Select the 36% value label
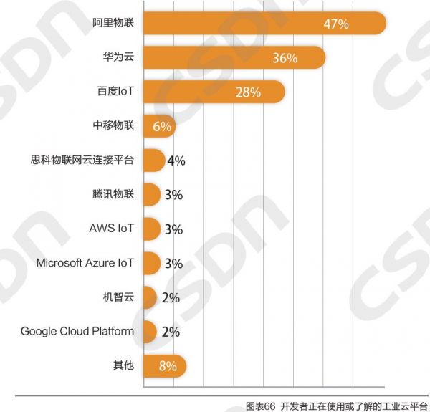pyautogui.click(x=285, y=58)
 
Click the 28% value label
pyautogui.click(x=248, y=92)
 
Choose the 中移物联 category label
pyautogui.click(x=113, y=126)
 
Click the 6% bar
pyautogui.click(x=159, y=127)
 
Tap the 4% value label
pyautogui.click(x=176, y=161)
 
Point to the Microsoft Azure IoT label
pyautogui.click(x=85, y=263)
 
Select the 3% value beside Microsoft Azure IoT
pyautogui.click(x=173, y=264)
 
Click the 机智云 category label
pyautogui.click(x=119, y=297)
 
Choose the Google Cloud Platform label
pyautogui.click(x=77, y=331)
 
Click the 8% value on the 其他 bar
pyautogui.click(x=168, y=366)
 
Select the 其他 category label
pyautogui.click(x=123, y=365)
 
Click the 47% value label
pyautogui.click(x=335, y=24)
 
